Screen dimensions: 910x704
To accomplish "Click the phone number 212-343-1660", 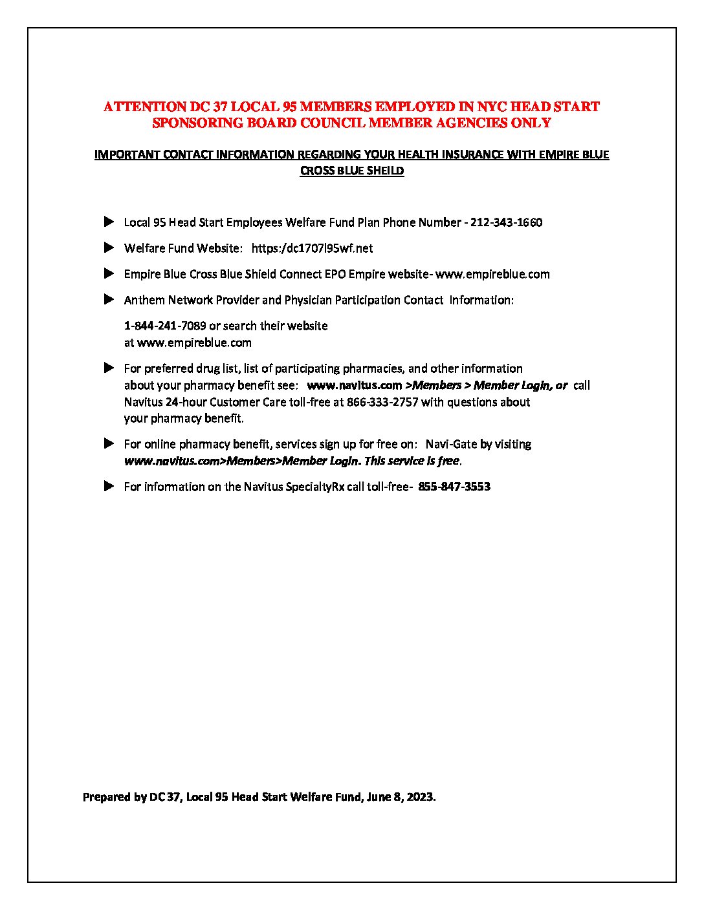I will pos(506,222).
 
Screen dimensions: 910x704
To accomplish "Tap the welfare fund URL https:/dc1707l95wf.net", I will pos(312,248).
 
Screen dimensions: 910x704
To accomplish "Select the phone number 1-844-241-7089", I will pos(165,326).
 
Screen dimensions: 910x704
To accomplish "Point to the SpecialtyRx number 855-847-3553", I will pos(454,487).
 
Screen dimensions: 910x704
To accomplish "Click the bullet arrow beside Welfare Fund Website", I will pos(109,248).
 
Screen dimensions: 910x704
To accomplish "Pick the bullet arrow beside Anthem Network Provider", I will pos(109,300).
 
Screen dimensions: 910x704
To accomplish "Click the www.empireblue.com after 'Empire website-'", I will pos(492,274).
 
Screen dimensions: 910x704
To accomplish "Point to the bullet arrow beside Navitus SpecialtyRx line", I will pos(109,487).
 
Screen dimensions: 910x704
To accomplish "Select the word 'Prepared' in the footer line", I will pos(107,797).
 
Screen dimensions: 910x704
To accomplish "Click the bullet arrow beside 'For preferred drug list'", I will pos(109,368).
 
